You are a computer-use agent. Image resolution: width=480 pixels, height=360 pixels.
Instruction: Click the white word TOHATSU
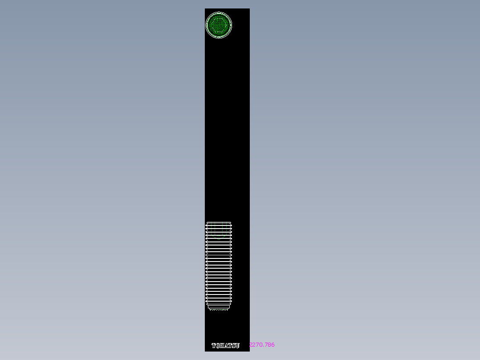tap(225, 345)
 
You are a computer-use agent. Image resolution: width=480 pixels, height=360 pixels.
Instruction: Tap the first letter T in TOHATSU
tap(214, 345)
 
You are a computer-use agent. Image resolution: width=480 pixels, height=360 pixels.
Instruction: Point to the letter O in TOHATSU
tap(218, 345)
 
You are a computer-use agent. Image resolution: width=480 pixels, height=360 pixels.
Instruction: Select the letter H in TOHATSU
tap(222, 345)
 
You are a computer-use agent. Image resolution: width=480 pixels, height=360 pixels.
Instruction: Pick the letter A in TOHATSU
tap(226, 345)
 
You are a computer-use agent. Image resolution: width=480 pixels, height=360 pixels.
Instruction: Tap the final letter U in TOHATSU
tap(237, 345)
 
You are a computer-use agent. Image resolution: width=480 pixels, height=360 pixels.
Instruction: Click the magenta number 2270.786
tap(262, 345)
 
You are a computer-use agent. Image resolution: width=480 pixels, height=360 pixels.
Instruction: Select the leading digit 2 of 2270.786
tap(251, 345)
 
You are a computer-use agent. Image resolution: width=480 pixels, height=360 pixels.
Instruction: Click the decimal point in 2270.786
tap(264, 346)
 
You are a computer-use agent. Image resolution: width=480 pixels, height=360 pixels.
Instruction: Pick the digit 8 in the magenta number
tap(269, 345)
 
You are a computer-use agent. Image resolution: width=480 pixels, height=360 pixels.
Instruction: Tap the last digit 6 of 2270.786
tap(273, 345)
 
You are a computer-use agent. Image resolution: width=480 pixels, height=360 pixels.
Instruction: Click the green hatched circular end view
tap(219, 25)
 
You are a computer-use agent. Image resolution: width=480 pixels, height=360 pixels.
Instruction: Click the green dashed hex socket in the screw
tap(219, 229)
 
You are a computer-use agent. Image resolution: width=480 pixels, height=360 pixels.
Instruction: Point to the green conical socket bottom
tap(219, 237)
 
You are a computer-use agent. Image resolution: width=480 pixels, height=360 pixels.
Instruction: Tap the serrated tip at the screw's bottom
tap(219, 309)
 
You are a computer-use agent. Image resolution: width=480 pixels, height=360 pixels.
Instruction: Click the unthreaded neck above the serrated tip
tap(219, 306)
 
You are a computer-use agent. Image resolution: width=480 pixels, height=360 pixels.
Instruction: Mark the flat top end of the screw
tap(219, 222)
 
